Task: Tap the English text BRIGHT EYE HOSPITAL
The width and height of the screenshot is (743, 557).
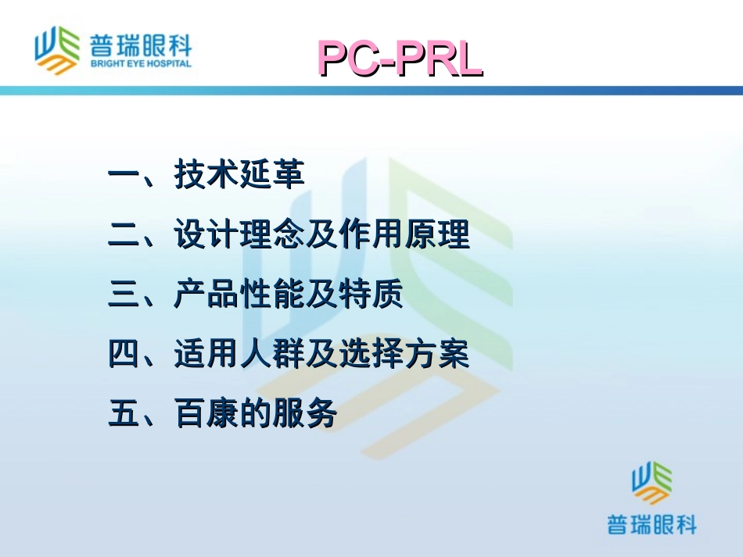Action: (x=141, y=63)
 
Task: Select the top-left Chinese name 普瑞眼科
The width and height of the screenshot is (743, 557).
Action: (x=141, y=42)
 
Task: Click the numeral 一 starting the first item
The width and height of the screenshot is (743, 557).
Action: (x=124, y=174)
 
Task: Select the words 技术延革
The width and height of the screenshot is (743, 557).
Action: (x=239, y=174)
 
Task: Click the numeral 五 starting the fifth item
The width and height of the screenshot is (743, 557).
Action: (x=124, y=414)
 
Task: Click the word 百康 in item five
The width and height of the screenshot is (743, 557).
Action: (x=206, y=414)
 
